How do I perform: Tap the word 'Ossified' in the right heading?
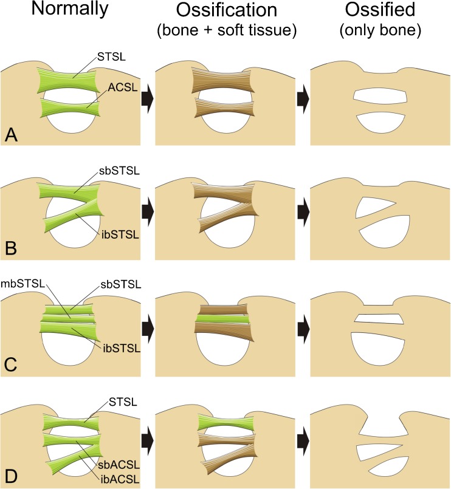(x=376, y=11)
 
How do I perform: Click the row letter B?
(x=10, y=248)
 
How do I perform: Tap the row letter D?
(x=10, y=479)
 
